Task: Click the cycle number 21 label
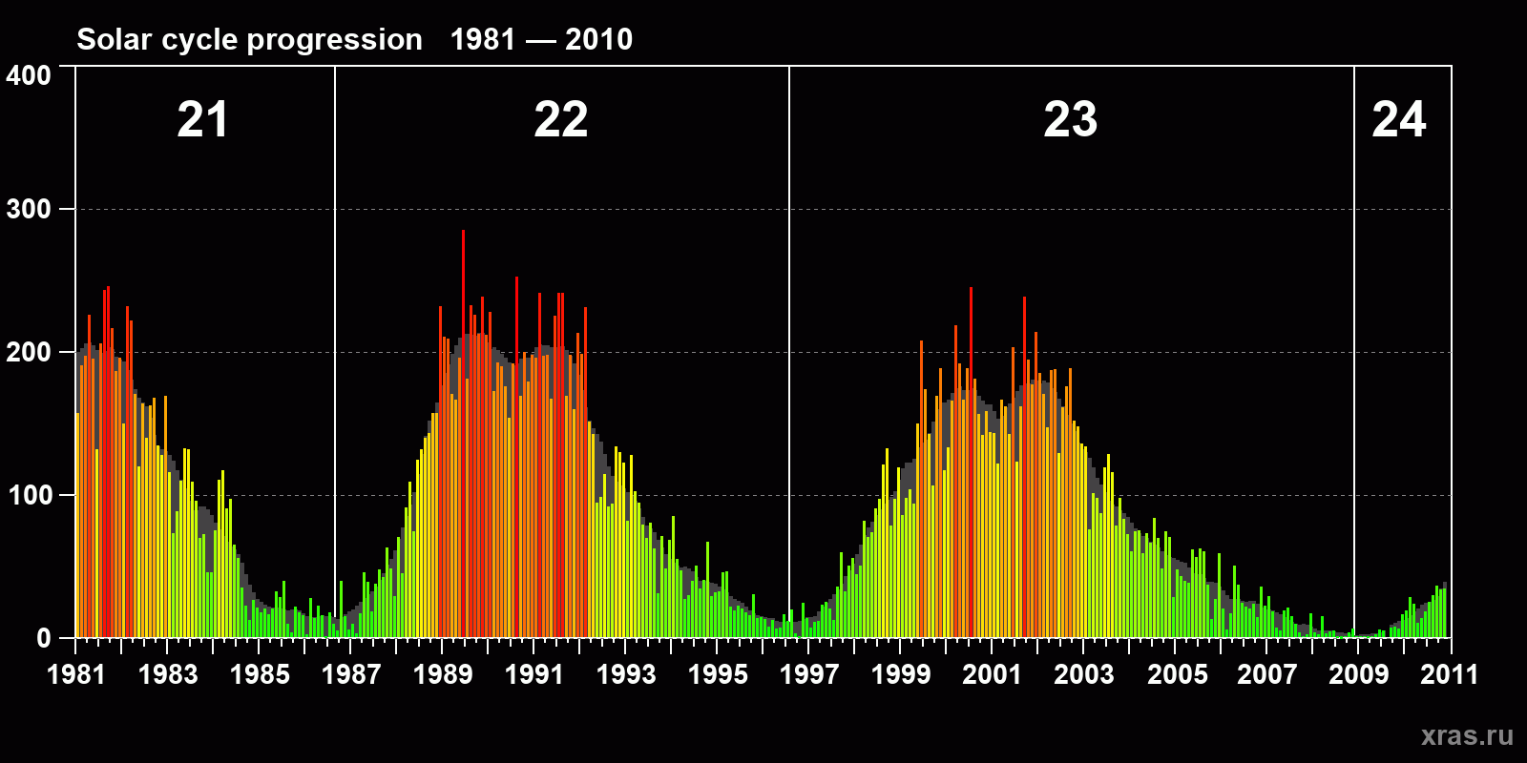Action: coord(202,120)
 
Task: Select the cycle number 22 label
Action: coord(560,120)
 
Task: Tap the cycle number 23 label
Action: coord(1070,120)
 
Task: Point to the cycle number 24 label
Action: coord(1398,120)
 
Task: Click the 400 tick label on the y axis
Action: coord(29,75)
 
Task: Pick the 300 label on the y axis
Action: coord(29,210)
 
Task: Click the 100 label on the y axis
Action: coord(29,496)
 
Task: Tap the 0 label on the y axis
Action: coord(44,639)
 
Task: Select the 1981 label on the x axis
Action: coord(76,674)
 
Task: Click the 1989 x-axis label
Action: coord(443,674)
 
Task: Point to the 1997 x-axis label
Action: coord(809,674)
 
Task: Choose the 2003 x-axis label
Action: coord(1084,674)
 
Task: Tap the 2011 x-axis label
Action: coord(1449,674)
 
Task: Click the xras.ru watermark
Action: coord(1467,735)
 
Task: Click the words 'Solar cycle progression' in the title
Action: coord(249,39)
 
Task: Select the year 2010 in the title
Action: coord(598,39)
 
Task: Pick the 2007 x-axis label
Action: coord(1266,674)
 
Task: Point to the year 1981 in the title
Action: coord(483,39)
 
